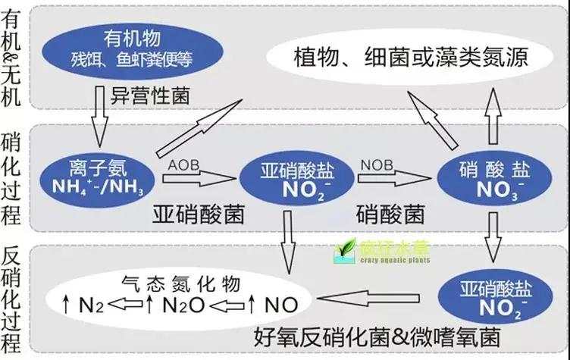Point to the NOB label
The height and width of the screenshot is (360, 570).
pos(377,164)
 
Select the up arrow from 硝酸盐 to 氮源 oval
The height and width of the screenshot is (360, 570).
pos(493,110)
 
